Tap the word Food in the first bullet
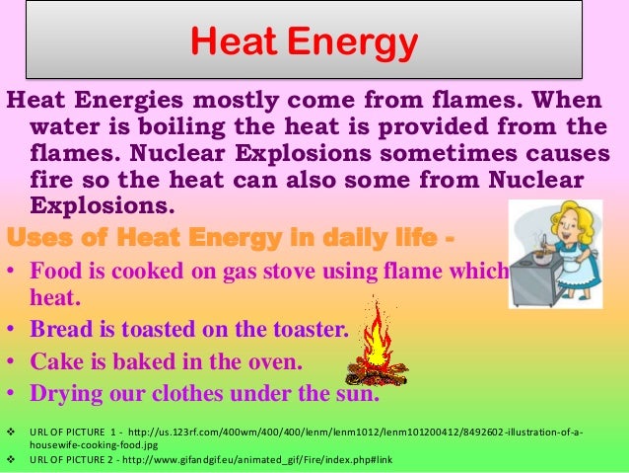56,271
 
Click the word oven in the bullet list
275,361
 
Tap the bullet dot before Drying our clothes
11,394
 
